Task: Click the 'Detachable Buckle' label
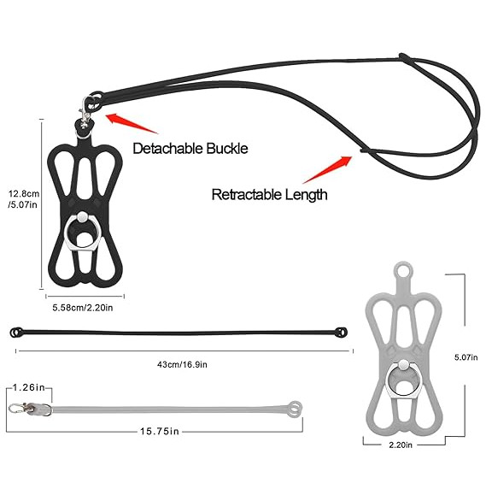coord(190,149)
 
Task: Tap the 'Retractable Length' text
coord(270,195)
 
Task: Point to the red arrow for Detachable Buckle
coord(132,123)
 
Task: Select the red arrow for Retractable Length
coord(327,169)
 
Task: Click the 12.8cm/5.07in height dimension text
coord(24,199)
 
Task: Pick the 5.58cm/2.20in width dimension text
coord(83,308)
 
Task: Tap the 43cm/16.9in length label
coord(182,364)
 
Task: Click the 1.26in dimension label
coord(29,387)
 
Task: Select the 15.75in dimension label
coord(160,432)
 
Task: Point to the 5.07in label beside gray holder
coord(466,357)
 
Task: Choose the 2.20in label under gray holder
coord(401,445)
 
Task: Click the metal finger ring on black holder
coord(83,230)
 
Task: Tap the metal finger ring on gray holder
coord(403,379)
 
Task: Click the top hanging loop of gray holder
coord(403,270)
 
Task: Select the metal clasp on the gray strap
coord(30,409)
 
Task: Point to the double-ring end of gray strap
coord(295,409)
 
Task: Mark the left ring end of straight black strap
coord(16,333)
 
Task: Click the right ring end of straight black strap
coord(342,332)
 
